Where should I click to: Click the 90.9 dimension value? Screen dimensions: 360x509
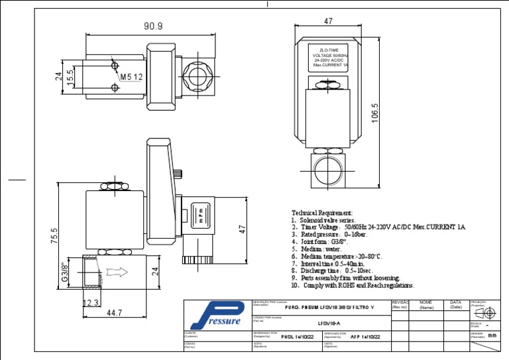[x=153, y=26]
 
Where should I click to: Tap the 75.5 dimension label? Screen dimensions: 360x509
[x=54, y=236]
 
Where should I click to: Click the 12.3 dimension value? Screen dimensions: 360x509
[x=91, y=303]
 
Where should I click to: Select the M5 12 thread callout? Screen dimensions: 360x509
[x=131, y=77]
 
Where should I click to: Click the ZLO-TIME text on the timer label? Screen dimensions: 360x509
[x=329, y=50]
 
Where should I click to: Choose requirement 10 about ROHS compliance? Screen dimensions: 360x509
[x=353, y=286]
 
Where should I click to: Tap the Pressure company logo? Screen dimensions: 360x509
[x=217, y=314]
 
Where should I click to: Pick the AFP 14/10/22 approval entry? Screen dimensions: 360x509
[x=365, y=337]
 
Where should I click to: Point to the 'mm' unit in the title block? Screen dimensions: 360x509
[x=492, y=335]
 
